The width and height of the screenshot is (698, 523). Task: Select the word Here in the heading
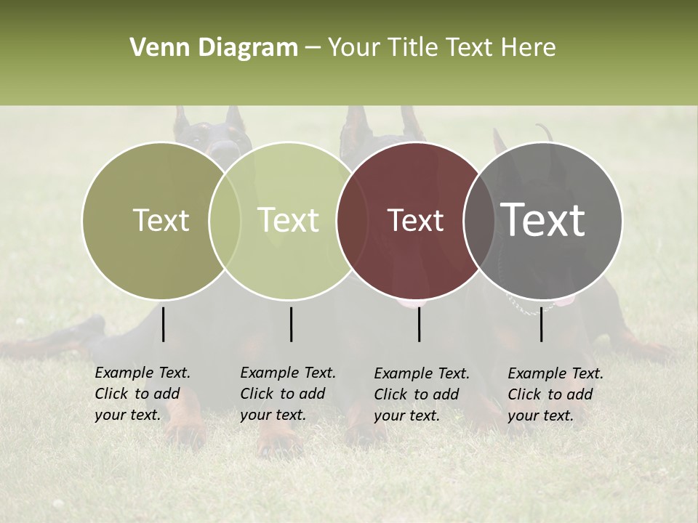tap(529, 48)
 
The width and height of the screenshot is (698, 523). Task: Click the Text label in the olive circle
tap(161, 220)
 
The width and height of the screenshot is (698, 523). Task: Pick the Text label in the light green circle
tap(289, 220)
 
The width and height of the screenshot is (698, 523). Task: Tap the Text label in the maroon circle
tap(415, 220)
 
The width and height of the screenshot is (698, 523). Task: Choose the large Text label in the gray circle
tap(543, 220)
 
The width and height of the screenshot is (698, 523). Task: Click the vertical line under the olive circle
tap(163, 324)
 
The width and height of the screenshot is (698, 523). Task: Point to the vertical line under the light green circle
tap(291, 324)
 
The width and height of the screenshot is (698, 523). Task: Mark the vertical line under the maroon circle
tap(420, 324)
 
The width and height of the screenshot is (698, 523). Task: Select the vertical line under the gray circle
tap(542, 324)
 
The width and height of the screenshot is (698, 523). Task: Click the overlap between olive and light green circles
tap(225, 220)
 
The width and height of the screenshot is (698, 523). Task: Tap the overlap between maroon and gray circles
tap(476, 220)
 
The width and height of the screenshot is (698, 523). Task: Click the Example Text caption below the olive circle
tap(143, 394)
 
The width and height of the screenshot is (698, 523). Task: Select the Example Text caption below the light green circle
tap(288, 394)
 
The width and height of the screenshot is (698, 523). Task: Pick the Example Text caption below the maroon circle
tap(422, 394)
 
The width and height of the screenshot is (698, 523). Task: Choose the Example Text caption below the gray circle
tap(555, 394)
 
